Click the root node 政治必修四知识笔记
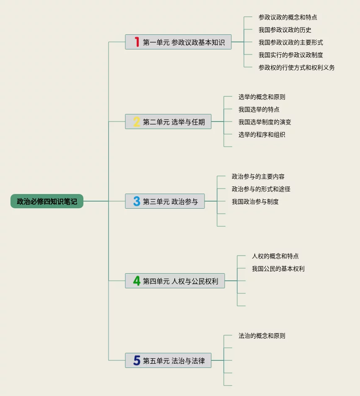(47, 201)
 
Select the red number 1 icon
(137, 42)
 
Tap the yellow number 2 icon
(137, 122)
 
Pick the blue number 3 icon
(137, 201)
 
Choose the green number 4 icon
(137, 281)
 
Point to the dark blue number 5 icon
(137, 360)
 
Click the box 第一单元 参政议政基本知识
(179, 42)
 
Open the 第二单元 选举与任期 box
(168, 122)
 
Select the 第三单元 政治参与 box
(165, 201)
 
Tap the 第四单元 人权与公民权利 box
(175, 281)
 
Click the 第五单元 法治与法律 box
(168, 360)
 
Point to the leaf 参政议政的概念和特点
(288, 17)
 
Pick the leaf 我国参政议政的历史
(285, 30)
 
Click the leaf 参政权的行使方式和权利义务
(297, 67)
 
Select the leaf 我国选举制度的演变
(265, 122)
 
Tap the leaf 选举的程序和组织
(262, 135)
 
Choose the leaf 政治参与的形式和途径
(261, 189)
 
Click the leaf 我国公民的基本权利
(278, 269)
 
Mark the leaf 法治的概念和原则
(262, 336)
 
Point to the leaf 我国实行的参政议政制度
(291, 55)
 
